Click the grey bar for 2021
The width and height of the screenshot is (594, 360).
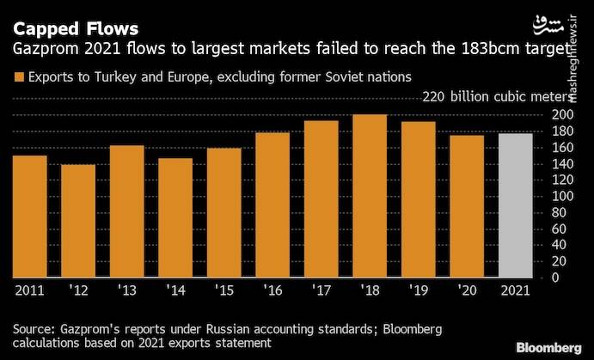[516, 205]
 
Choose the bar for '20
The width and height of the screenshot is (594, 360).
[467, 206]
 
